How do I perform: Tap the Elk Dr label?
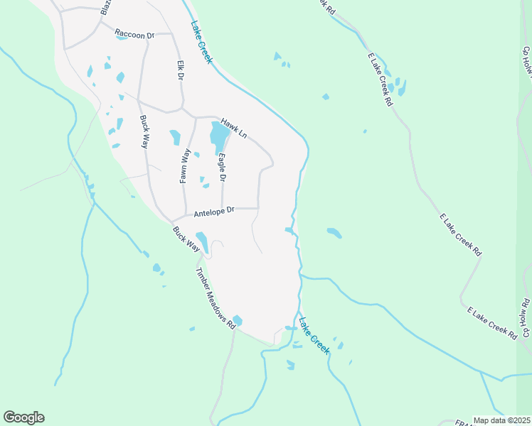pos(181,69)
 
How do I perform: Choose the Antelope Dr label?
pos(209,211)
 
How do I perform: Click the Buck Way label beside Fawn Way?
pos(144,131)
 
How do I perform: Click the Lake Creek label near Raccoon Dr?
pos(201,42)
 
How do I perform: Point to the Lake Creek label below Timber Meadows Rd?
pos(314,335)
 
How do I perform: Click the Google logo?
pos(23,417)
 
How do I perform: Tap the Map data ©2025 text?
pos(501,420)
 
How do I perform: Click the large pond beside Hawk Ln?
pos(220,132)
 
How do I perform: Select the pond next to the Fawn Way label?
pos(175,136)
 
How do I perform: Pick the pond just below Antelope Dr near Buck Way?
pos(202,241)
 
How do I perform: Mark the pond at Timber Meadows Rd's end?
pos(237,321)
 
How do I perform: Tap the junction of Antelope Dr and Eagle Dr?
pos(223,209)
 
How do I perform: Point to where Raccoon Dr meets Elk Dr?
pos(176,33)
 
